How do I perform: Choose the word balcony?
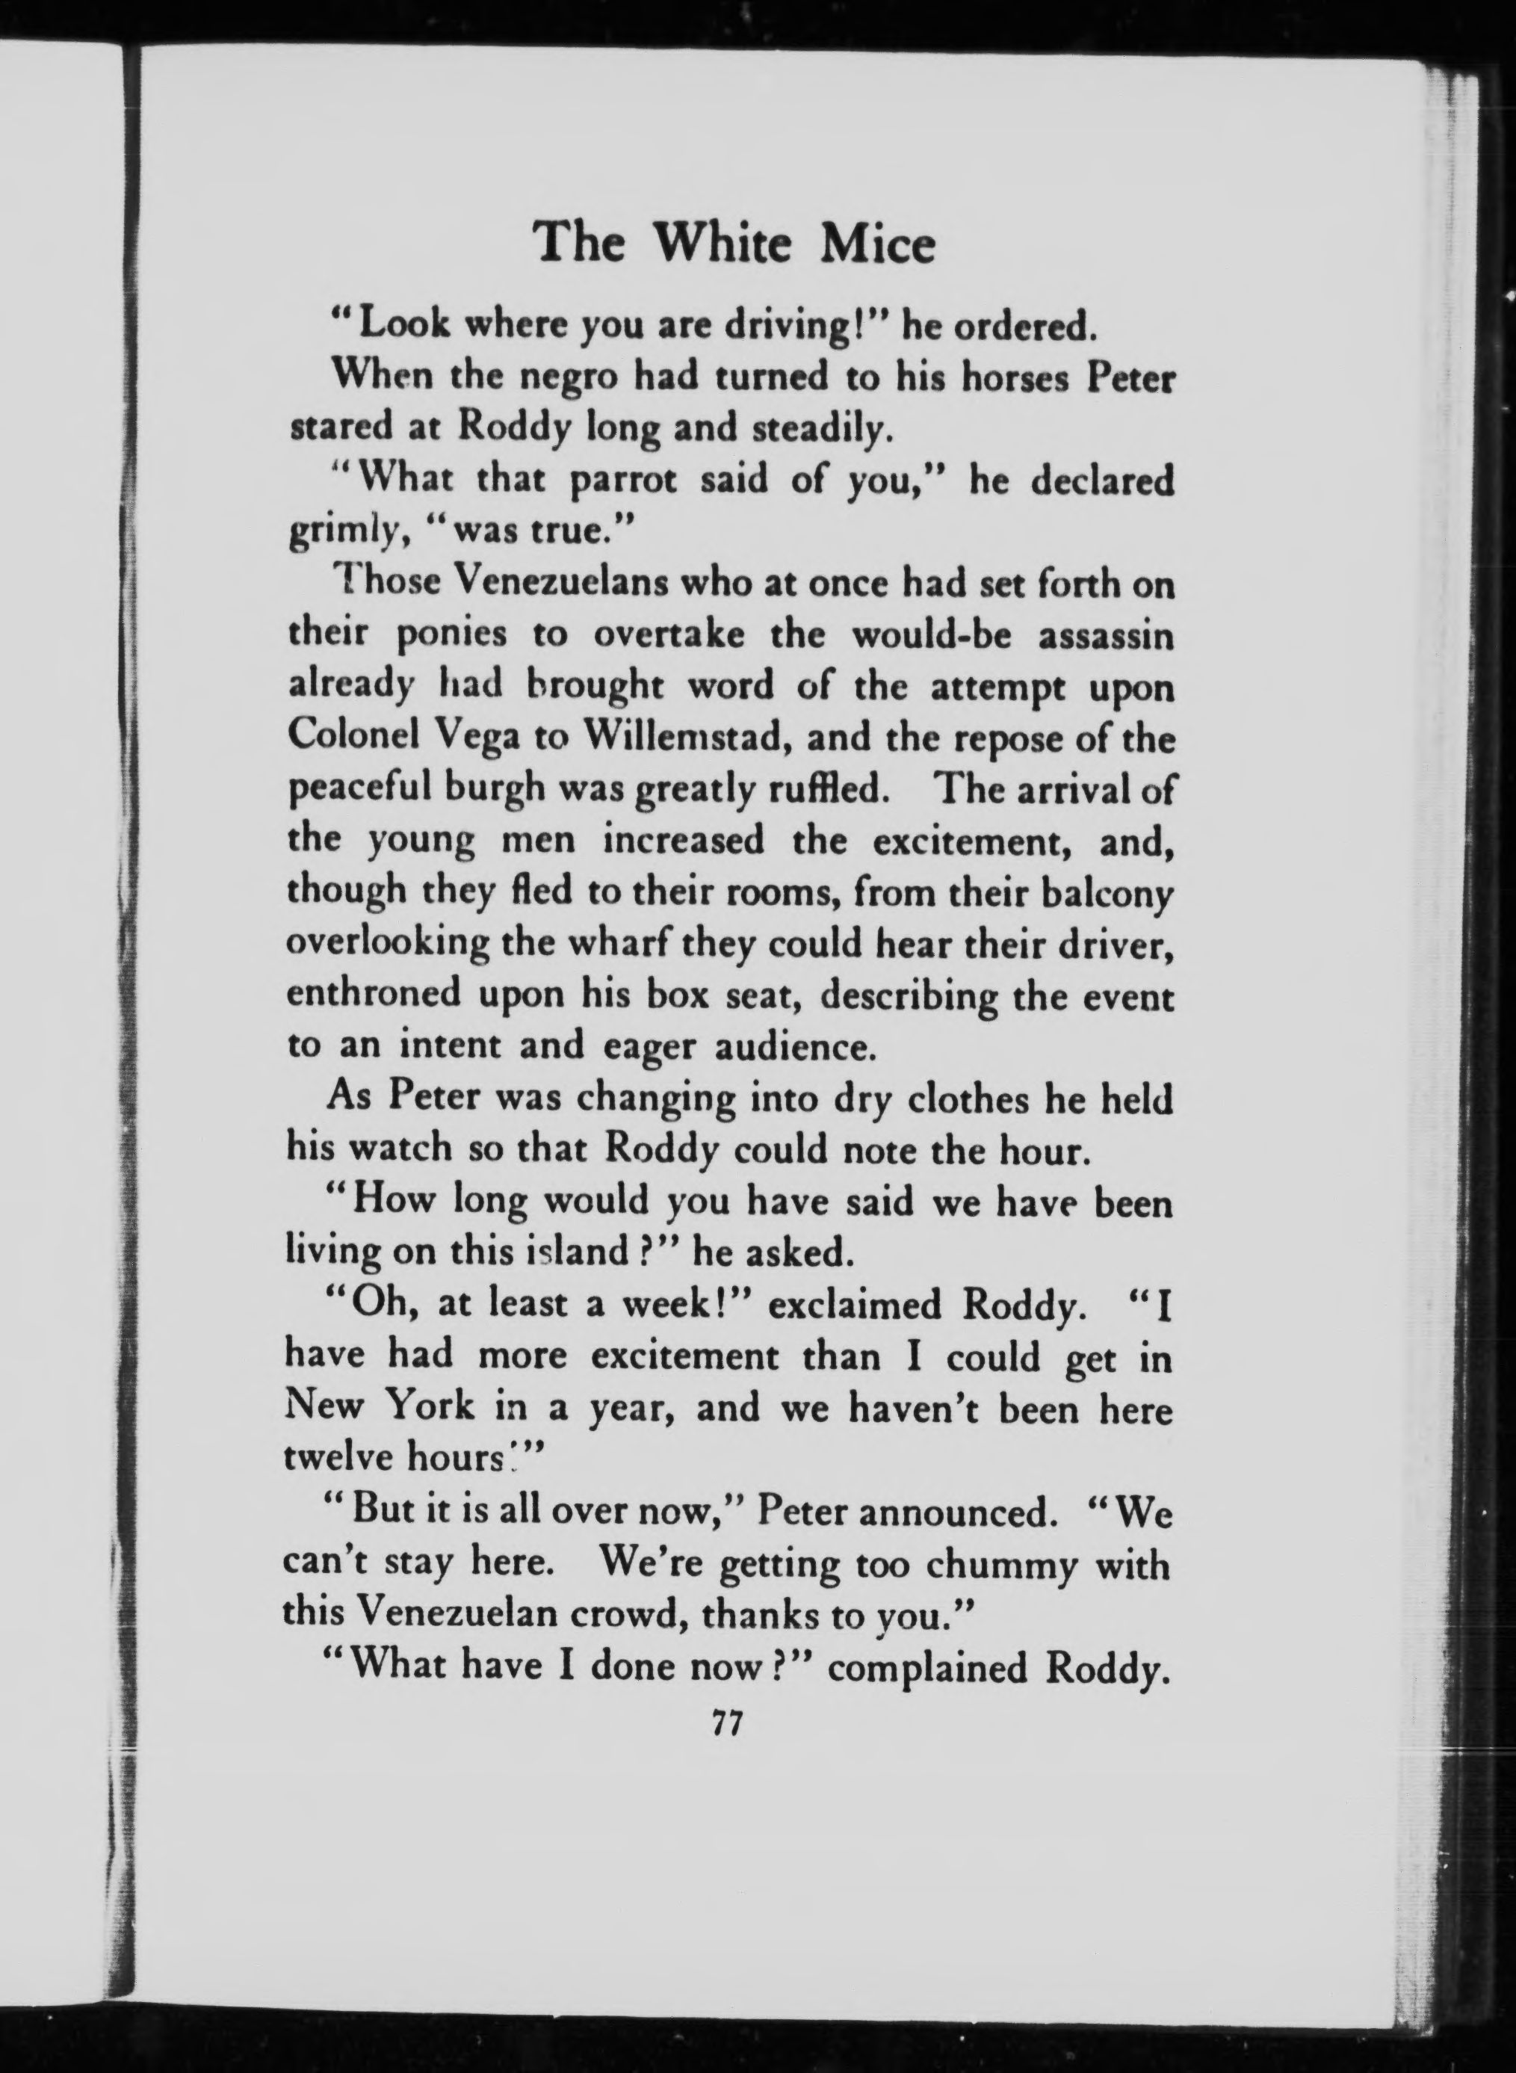click(x=1107, y=893)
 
